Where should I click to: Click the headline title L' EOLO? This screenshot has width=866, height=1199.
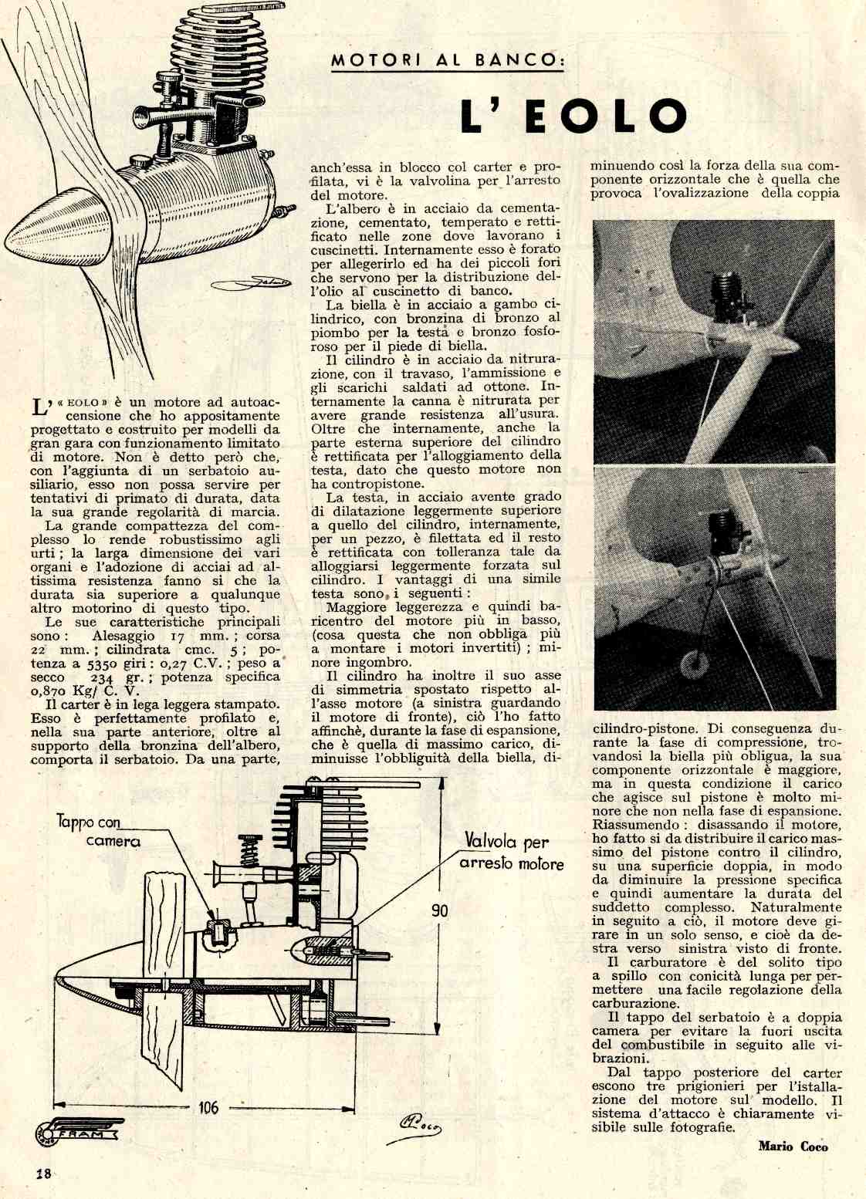pyautogui.click(x=573, y=114)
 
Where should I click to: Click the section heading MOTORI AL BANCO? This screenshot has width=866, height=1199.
pyautogui.click(x=446, y=61)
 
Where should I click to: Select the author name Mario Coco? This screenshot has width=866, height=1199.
pyautogui.click(x=793, y=1146)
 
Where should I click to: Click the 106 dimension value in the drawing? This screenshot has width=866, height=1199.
pyautogui.click(x=208, y=1107)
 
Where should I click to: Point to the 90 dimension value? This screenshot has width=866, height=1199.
pyautogui.click(x=439, y=910)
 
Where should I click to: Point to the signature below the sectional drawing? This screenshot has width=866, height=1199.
pyautogui.click(x=420, y=1126)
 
